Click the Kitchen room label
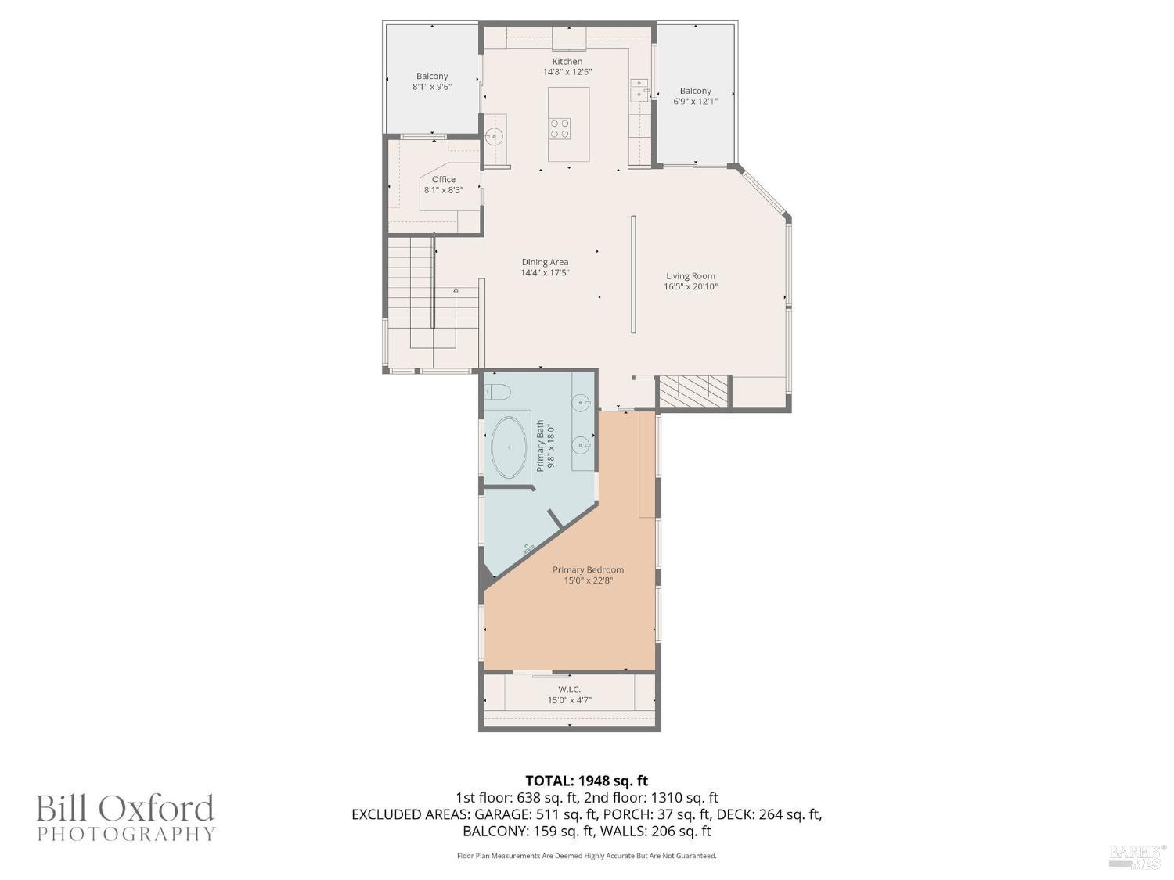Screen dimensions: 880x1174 (x=567, y=62)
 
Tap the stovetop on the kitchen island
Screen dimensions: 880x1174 (x=560, y=128)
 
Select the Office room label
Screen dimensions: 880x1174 (x=443, y=180)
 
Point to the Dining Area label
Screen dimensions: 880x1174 (x=545, y=263)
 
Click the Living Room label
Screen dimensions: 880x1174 (x=690, y=276)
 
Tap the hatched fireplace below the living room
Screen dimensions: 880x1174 (x=693, y=390)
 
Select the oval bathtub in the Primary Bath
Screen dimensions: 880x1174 (x=509, y=447)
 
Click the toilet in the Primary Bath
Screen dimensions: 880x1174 (x=497, y=391)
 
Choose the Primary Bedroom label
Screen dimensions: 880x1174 (x=588, y=570)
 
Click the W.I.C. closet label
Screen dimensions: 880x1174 (x=569, y=689)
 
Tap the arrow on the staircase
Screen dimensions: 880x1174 (x=456, y=291)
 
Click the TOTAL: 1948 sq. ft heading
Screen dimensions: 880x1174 (x=586, y=781)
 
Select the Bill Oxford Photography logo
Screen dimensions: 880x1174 (x=125, y=817)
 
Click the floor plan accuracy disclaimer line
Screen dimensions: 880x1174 (x=586, y=856)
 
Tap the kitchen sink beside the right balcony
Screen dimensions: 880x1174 (x=639, y=91)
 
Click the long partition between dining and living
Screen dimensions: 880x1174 (x=633, y=275)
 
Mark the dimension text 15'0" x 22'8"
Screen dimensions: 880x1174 (x=588, y=580)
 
